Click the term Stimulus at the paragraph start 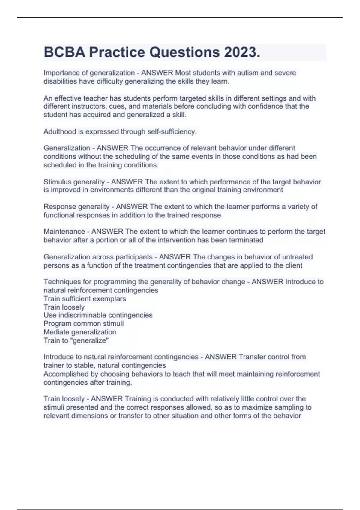tap(57, 182)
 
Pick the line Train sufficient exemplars tap(85, 299)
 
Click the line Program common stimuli tap(83, 324)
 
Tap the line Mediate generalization tap(80, 332)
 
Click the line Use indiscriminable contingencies tap(98, 315)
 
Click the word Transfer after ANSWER tap(252, 357)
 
